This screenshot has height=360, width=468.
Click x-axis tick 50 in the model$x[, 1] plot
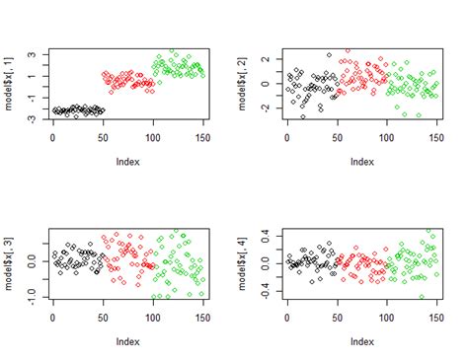(103, 136)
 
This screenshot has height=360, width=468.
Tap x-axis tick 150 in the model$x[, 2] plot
(435, 136)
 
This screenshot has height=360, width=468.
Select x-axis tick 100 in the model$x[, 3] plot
(152, 316)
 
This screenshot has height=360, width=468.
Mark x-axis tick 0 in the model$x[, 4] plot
(286, 316)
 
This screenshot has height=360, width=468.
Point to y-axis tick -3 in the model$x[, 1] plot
(32, 119)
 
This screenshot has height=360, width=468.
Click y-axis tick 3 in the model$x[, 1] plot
(32, 54)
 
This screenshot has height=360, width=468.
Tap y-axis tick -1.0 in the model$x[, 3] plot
(32, 293)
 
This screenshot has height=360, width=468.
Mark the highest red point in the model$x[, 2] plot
(348, 51)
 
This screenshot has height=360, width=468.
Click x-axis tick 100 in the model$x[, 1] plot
(152, 136)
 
